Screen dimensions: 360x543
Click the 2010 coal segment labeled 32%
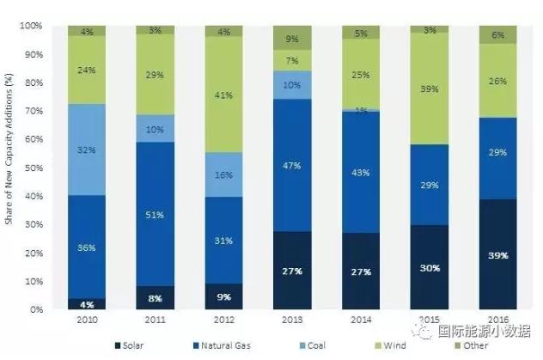[88, 149]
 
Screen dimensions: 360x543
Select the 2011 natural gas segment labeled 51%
[156, 215]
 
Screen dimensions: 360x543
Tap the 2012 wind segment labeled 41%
[223, 95]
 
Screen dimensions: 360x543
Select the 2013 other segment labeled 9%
[291, 38]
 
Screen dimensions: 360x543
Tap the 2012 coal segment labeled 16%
[223, 174]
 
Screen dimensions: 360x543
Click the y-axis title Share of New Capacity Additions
[8, 168]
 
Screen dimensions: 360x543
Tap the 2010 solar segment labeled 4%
[88, 303]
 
